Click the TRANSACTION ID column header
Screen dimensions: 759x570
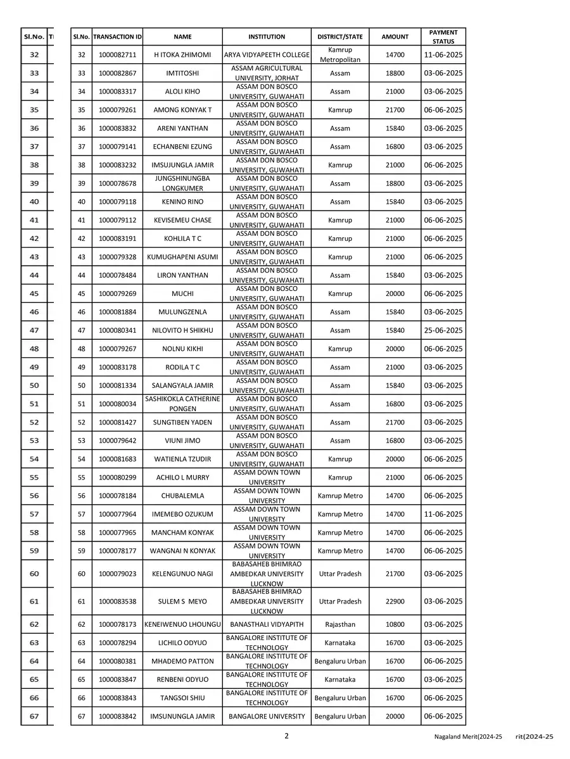coord(117,37)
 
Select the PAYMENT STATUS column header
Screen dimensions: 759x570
coord(443,37)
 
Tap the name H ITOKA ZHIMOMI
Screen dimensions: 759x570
coord(182,55)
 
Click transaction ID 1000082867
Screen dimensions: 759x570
coord(117,73)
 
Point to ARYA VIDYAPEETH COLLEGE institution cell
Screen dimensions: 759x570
coord(267,55)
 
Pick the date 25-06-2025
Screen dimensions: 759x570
coord(443,330)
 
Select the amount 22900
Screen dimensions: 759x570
coord(395,602)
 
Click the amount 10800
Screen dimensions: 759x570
coord(395,624)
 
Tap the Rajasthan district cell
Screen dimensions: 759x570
coord(340,624)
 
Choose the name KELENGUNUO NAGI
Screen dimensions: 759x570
coord(182,574)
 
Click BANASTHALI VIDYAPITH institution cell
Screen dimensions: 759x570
coord(267,624)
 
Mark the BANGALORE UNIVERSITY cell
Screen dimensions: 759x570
coord(267,717)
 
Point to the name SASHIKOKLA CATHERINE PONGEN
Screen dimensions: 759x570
coord(182,404)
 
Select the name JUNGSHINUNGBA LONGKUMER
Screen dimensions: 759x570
coord(182,183)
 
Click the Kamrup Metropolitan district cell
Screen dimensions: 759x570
coord(340,55)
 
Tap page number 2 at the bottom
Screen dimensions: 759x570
coord(286,736)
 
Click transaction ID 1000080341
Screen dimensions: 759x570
coord(117,330)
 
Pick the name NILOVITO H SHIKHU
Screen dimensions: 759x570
coord(182,330)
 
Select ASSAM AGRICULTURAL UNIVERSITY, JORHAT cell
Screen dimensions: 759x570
coord(267,73)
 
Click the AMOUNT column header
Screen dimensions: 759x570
coord(395,37)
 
